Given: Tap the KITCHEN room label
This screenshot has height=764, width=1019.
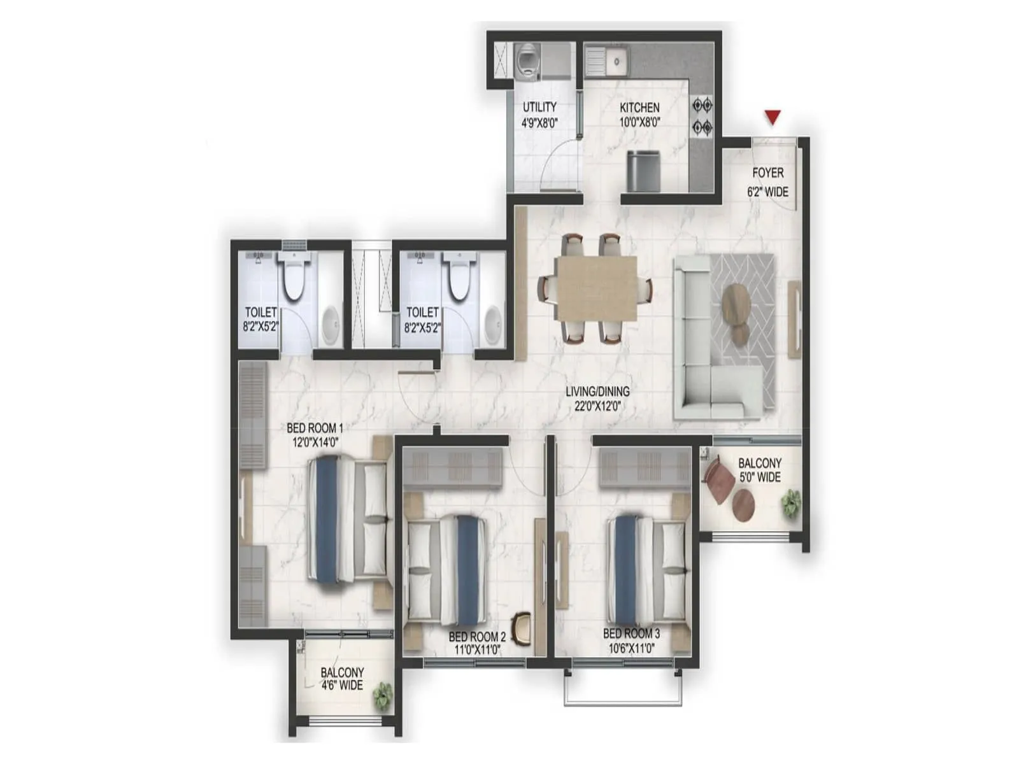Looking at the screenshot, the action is point(639,108).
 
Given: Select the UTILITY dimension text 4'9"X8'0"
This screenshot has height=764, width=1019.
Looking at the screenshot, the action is point(539,122).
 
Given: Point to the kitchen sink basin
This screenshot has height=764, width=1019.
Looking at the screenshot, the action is point(616,60).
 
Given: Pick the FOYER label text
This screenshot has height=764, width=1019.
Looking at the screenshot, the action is point(767,173).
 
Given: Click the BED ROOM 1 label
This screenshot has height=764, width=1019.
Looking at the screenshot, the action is point(314,428).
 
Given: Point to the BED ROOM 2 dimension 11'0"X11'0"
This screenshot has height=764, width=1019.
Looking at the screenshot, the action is point(477,649).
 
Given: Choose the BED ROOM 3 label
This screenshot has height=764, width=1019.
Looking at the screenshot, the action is point(631,633).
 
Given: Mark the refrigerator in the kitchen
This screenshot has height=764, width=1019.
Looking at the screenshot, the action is point(643,171).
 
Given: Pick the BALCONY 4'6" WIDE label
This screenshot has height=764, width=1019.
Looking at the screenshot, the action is point(342,679).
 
